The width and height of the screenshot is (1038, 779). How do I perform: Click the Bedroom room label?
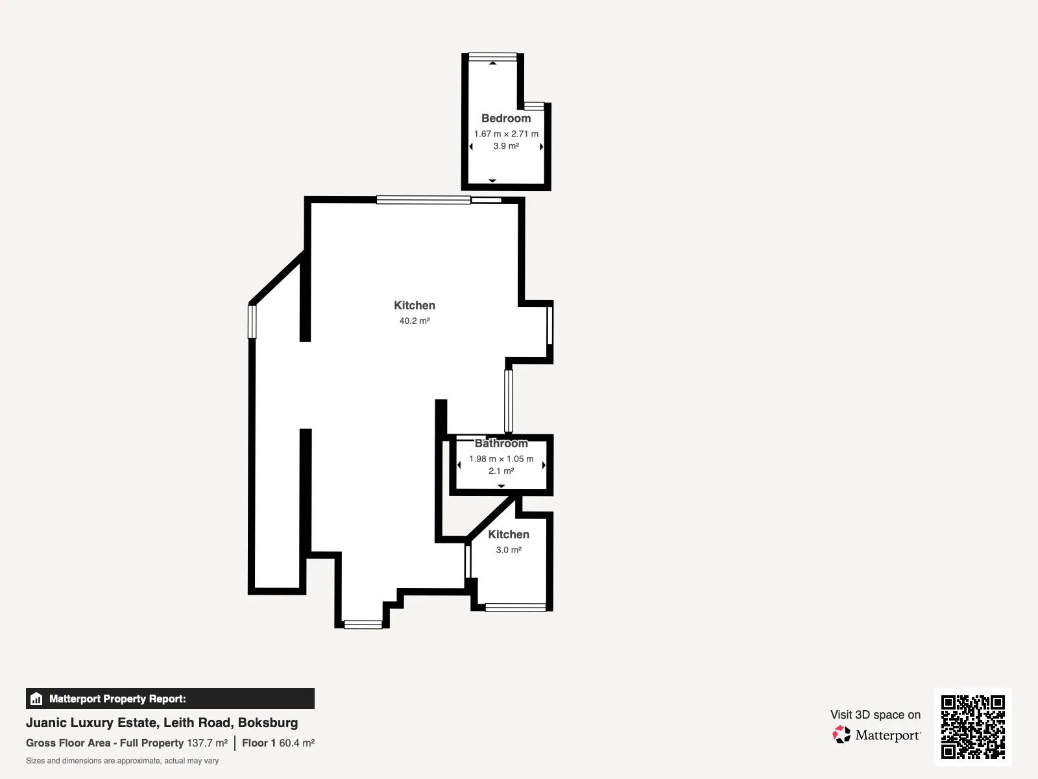506,118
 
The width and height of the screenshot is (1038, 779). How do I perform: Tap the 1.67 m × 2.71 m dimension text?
506,134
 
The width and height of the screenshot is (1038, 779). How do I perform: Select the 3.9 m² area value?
506,146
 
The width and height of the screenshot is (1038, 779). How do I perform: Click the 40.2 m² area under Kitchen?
415,321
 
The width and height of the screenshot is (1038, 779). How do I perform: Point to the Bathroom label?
501,443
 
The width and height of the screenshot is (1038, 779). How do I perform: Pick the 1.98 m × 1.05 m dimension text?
501,459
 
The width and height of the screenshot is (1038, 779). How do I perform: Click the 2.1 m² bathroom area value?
501,471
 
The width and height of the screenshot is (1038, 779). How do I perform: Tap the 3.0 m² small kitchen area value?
509,550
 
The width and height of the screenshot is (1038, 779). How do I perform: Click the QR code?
972,727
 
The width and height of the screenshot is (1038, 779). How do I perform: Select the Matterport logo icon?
841,735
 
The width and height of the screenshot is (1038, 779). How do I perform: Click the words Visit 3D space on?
875,715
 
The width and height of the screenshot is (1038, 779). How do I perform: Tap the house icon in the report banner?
36,699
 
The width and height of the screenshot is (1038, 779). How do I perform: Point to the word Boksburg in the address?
268,723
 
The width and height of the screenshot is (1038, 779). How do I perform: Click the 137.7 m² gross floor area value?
207,743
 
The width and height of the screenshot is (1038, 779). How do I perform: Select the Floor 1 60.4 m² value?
278,743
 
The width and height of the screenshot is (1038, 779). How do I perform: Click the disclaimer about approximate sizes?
122,761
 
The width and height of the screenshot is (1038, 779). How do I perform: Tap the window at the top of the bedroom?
493,57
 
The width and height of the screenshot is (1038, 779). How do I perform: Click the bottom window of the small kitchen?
516,608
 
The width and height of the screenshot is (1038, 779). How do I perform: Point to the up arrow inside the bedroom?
493,63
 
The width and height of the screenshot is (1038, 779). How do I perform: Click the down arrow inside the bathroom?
501,486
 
